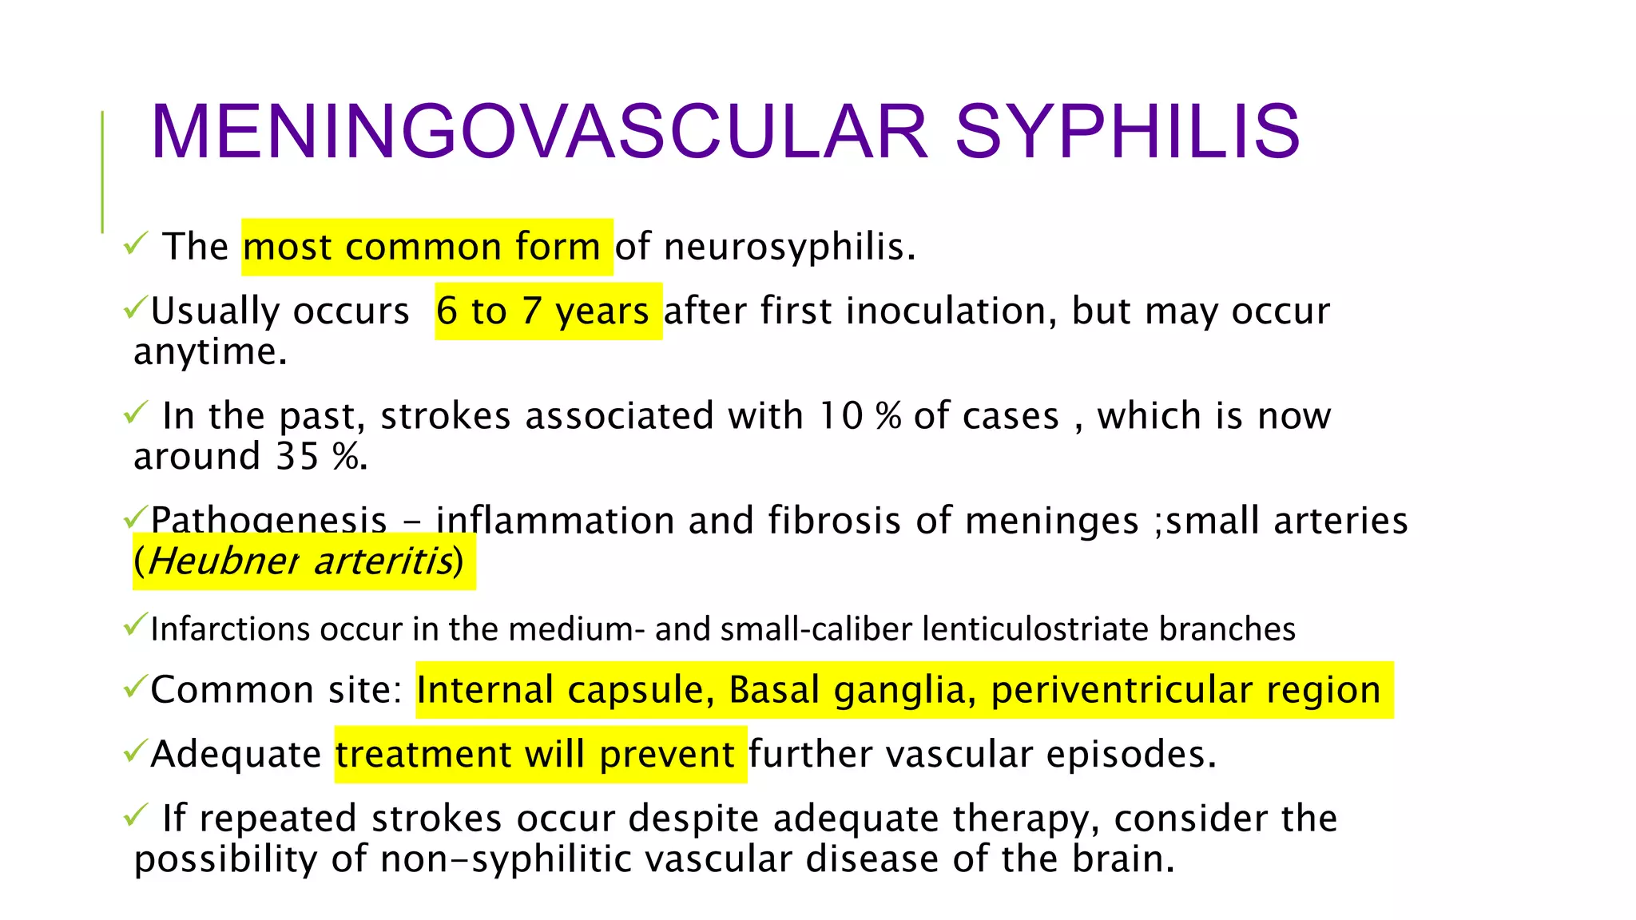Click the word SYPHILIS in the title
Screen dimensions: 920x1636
pyautogui.click(x=1127, y=131)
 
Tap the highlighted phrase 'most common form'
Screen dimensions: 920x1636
pyautogui.click(x=422, y=247)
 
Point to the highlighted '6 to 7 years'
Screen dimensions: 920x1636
pyautogui.click(x=543, y=311)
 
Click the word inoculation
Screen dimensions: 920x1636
pyautogui.click(x=951, y=311)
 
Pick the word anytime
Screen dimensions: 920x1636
pyautogui.click(x=210, y=351)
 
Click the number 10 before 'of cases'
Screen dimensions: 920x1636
pyautogui.click(x=840, y=416)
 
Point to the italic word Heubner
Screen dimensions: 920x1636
pyautogui.click(x=223, y=561)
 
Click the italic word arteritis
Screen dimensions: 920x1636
pyautogui.click(x=383, y=561)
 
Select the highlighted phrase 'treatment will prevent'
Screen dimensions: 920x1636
pyautogui.click(x=535, y=755)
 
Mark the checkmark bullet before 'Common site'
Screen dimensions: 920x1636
pyautogui.click(x=135, y=685)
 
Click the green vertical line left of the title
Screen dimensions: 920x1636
pyautogui.click(x=102, y=172)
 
